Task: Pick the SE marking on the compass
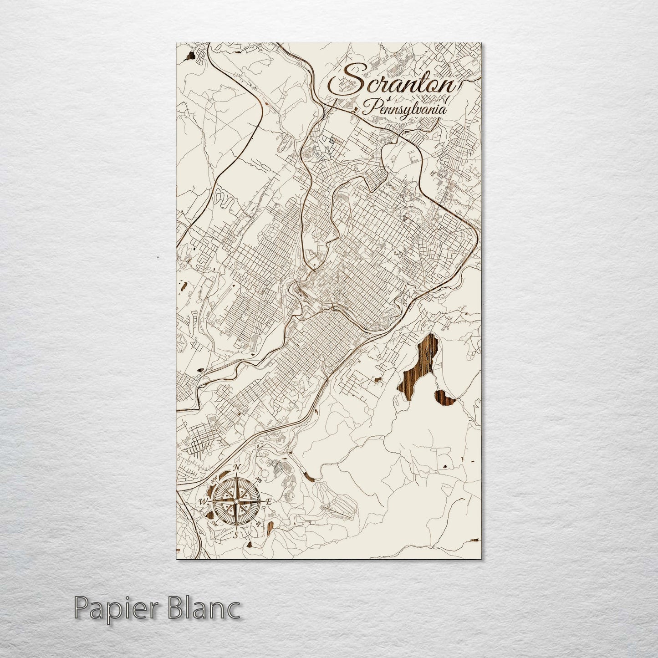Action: [x=259, y=524]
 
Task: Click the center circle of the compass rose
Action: [x=235, y=502]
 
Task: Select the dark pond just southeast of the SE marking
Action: [x=270, y=528]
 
